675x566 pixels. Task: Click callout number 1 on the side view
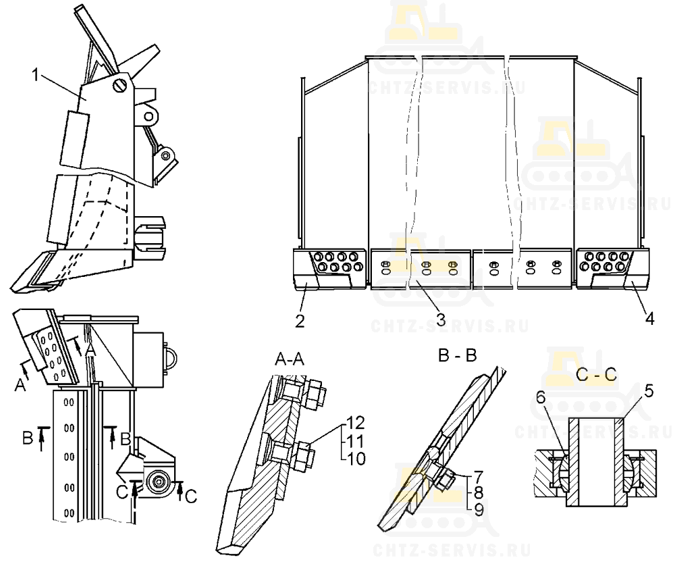click(36, 75)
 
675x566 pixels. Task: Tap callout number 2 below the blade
click(300, 321)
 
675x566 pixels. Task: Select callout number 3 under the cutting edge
click(440, 319)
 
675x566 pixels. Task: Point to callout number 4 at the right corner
click(649, 319)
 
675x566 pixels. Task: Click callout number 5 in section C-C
click(649, 391)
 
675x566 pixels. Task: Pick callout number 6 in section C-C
click(541, 398)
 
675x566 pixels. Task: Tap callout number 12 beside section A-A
click(356, 423)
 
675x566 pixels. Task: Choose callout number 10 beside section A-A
click(356, 459)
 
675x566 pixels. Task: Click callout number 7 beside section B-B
click(478, 476)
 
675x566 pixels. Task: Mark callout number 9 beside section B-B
click(478, 510)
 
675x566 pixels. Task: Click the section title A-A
click(290, 358)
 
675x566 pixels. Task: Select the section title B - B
click(457, 356)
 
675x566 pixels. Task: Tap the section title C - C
click(596, 374)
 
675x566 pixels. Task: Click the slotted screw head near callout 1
click(121, 85)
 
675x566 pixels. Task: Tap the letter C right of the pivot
click(191, 496)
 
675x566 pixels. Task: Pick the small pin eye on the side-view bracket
click(149, 116)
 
